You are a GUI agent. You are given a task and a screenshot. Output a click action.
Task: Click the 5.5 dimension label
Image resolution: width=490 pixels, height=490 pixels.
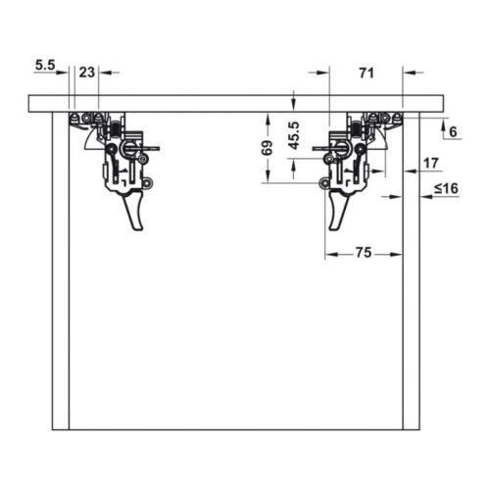click(45, 65)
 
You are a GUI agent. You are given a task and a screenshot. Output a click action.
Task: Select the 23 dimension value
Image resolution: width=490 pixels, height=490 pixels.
click(87, 73)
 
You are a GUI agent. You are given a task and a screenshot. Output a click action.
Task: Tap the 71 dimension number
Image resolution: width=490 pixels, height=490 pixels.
click(367, 73)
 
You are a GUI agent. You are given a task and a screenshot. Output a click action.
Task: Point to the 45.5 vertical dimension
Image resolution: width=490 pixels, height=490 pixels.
click(294, 135)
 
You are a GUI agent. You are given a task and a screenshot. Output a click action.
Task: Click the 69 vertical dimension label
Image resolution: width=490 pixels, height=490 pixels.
click(268, 148)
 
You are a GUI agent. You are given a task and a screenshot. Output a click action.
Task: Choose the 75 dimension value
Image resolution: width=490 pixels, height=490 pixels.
click(364, 253)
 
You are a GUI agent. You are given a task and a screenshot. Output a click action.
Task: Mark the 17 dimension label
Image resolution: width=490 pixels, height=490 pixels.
click(431, 163)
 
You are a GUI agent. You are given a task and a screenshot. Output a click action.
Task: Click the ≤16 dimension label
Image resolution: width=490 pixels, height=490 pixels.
click(446, 188)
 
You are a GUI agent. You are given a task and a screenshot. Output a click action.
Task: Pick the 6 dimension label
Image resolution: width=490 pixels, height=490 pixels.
click(453, 132)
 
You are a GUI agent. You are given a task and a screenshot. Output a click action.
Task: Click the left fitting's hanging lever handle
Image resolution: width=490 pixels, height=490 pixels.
click(133, 210)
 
